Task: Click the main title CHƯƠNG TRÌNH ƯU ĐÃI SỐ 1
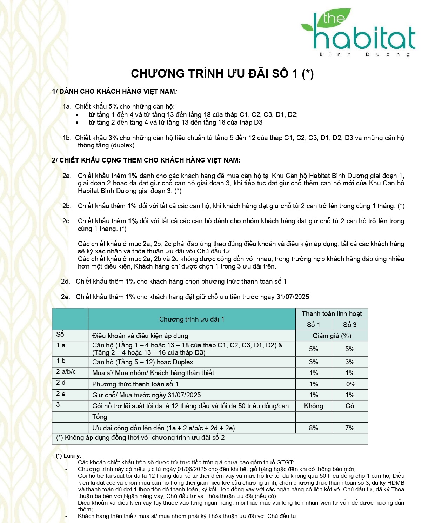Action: [x=222, y=73]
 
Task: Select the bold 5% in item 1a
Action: [x=113, y=106]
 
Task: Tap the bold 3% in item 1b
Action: [x=113, y=138]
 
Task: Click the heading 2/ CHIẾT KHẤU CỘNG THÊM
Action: [x=146, y=160]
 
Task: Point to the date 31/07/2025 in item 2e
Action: [x=293, y=297]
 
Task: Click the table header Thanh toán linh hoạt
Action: [x=332, y=313]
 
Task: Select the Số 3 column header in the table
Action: [x=350, y=325]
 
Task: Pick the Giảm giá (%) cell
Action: [x=332, y=336]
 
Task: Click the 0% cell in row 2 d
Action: [x=350, y=384]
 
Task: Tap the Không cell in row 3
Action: [x=313, y=406]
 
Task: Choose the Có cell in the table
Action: [x=350, y=406]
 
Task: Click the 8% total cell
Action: [x=313, y=428]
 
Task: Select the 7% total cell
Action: [x=350, y=428]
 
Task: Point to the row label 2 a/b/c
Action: [x=66, y=372]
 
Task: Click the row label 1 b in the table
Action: [x=61, y=361]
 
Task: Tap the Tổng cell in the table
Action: [x=100, y=417]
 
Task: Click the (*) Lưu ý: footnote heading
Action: [x=68, y=456]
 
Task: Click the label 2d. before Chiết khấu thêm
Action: [x=65, y=281]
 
